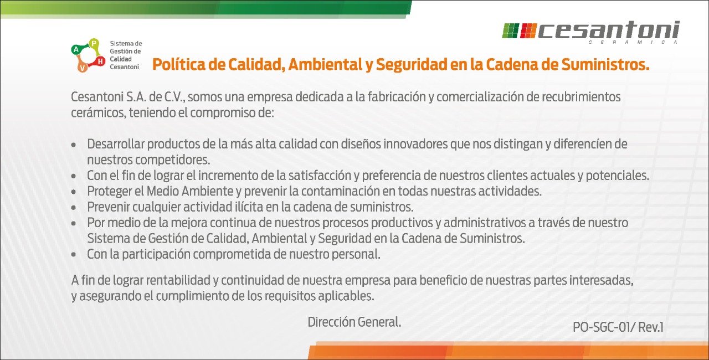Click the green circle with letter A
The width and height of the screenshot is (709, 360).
click(76, 49)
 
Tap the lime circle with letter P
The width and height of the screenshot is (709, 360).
click(94, 43)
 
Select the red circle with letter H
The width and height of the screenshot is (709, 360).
click(100, 61)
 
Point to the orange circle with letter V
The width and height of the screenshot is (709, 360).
click(83, 68)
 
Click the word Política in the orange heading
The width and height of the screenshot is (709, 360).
click(179, 64)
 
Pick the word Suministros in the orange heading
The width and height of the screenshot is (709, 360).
click(605, 64)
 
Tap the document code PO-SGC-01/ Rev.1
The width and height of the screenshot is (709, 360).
click(618, 327)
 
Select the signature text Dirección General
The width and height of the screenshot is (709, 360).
click(354, 322)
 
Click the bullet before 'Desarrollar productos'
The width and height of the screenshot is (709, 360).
click(74, 145)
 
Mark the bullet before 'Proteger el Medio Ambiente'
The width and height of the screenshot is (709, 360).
click(74, 192)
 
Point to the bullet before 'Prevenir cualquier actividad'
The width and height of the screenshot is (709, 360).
click(74, 208)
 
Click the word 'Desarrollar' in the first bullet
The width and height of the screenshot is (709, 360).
click(116, 144)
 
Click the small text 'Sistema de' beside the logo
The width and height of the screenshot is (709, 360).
click(126, 43)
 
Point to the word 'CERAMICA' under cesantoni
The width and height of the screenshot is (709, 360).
click(633, 43)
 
